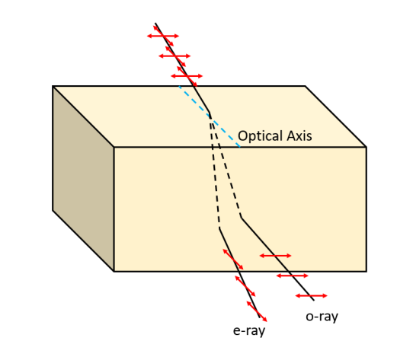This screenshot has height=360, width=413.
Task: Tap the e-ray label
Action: coord(249,331)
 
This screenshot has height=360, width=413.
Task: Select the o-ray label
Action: coord(322,317)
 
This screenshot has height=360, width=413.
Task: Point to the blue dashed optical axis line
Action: coord(210,116)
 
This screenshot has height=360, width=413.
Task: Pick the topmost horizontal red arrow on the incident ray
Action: coord(163,36)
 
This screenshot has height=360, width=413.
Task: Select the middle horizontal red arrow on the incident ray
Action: coord(174,56)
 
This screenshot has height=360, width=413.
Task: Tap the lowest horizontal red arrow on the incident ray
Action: coord(187,76)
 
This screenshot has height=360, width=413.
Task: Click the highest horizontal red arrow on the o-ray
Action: coord(276,256)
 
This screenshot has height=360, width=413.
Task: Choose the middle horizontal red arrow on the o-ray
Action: coord(293,276)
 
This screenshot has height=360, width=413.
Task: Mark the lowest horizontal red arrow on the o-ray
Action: coord(312,296)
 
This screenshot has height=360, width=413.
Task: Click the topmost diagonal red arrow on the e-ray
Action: coord(233,260)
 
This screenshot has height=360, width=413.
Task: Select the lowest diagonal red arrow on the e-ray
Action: coord(257,311)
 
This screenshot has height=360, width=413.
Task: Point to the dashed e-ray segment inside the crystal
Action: coord(215,171)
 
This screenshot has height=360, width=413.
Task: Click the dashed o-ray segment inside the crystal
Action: coord(226,166)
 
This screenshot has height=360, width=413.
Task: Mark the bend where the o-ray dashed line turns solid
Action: coord(242,218)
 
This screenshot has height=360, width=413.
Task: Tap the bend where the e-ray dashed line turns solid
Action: coord(219,228)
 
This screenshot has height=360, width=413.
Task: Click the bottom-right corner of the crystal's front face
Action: coord(367,271)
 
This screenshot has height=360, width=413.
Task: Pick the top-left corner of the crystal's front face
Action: coord(114,147)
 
